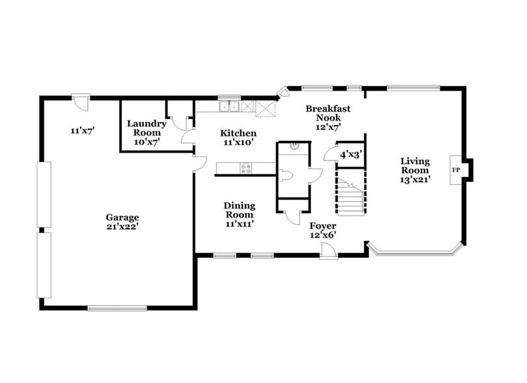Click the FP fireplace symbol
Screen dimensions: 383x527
(x=456, y=170)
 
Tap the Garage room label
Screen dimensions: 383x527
(x=122, y=218)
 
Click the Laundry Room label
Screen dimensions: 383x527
(x=147, y=128)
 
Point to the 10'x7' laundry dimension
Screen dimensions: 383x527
(x=147, y=141)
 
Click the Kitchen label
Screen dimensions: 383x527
(x=237, y=133)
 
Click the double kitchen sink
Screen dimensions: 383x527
(x=229, y=106)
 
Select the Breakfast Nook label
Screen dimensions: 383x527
(x=324, y=113)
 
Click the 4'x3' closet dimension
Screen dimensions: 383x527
(x=350, y=156)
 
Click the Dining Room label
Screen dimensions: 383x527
(x=239, y=210)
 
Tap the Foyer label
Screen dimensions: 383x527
(x=322, y=226)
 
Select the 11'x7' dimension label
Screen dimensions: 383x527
(x=83, y=130)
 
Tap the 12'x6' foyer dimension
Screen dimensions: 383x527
(x=322, y=235)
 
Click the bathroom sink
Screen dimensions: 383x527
(x=295, y=147)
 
